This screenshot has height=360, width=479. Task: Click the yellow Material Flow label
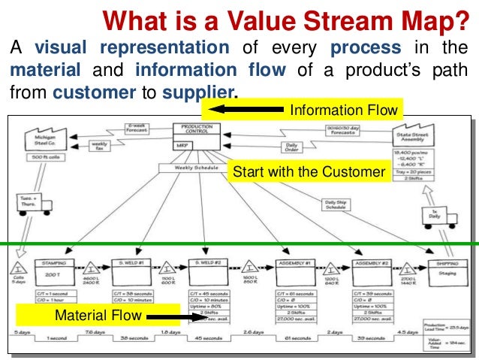98,315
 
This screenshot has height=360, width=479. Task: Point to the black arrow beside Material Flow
177,316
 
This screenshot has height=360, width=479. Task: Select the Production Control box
197,132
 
